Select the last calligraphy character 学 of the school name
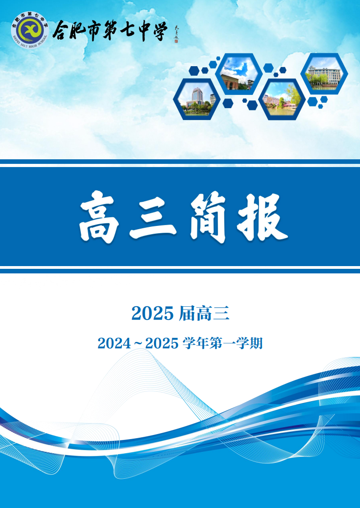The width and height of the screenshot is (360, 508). tap(159, 31)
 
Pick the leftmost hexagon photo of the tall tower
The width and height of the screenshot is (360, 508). tap(197, 99)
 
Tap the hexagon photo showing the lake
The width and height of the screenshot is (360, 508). tap(282, 99)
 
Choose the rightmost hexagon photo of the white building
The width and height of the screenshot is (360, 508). tap(324, 73)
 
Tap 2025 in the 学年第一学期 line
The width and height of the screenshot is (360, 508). tap(161, 343)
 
